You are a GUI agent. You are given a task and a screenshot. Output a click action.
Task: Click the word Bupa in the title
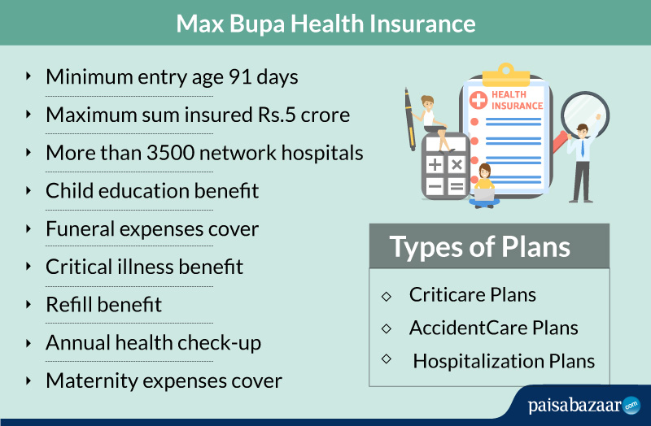(257, 24)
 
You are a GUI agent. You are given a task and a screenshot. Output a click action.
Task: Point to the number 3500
(170, 153)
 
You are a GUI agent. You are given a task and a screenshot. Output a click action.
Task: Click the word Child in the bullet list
(69, 191)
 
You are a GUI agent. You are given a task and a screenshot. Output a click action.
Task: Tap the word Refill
(68, 305)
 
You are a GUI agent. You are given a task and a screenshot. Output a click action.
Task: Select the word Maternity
(92, 381)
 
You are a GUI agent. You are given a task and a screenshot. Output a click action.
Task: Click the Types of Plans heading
(479, 247)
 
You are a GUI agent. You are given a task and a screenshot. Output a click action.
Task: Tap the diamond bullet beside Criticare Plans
(386, 296)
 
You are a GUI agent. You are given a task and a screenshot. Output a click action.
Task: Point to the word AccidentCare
(469, 328)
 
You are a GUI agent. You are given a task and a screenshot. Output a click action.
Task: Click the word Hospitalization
(478, 361)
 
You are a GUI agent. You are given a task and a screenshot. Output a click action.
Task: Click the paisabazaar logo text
(575, 405)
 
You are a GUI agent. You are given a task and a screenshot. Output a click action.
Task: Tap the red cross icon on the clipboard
(478, 100)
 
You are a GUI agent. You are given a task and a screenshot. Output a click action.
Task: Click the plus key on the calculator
(435, 165)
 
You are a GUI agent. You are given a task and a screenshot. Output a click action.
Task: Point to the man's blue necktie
(583, 148)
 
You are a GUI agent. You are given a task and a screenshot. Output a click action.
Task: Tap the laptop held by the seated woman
(484, 194)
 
